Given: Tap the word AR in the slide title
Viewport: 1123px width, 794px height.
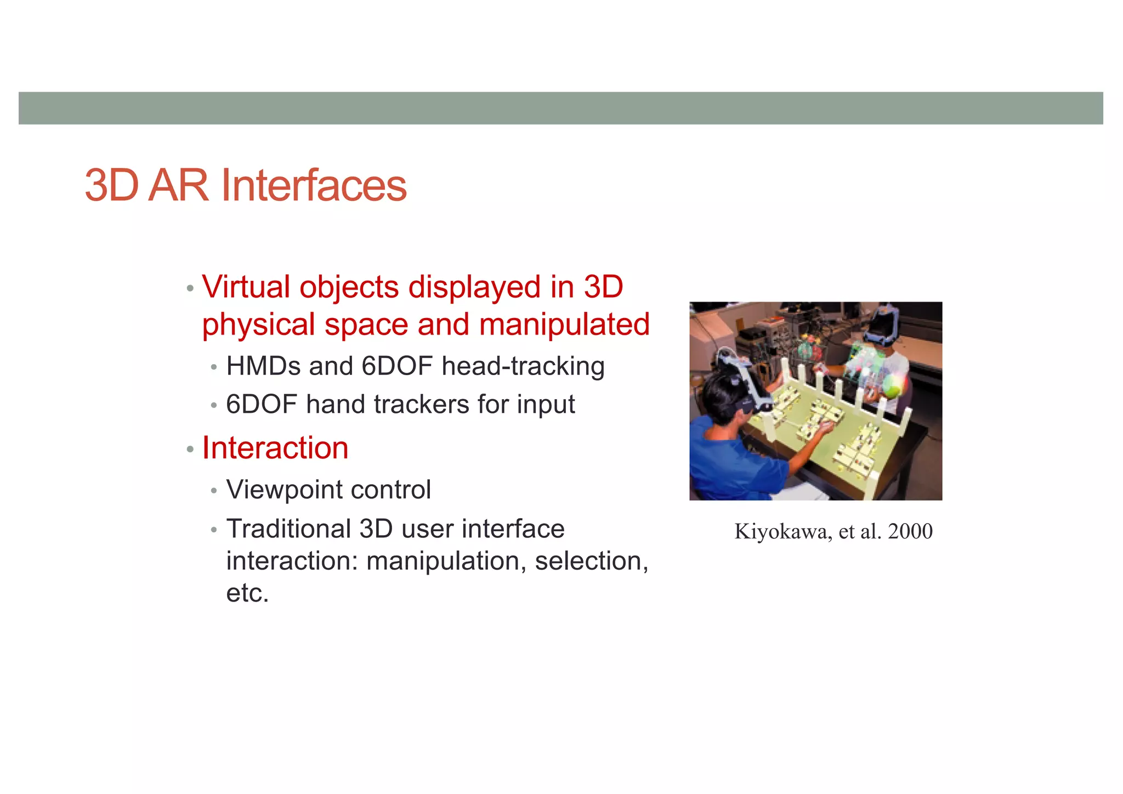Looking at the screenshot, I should click(178, 185).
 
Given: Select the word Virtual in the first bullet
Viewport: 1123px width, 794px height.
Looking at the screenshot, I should click(246, 287).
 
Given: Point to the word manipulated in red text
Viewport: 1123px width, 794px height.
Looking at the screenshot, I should click(564, 324).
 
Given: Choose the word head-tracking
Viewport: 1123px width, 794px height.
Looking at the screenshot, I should click(523, 366).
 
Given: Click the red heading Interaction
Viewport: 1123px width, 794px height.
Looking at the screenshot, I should click(275, 448).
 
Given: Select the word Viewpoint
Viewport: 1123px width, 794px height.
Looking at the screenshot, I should click(284, 490).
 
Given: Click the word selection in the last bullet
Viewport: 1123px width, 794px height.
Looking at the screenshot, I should click(591, 561).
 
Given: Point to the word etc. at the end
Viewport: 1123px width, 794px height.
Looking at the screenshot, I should click(247, 593).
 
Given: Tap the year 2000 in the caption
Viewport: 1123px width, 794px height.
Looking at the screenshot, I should click(910, 531).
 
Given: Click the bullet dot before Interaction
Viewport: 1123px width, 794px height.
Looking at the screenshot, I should click(190, 450).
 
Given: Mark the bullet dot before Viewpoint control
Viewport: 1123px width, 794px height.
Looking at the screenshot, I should click(214, 490).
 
